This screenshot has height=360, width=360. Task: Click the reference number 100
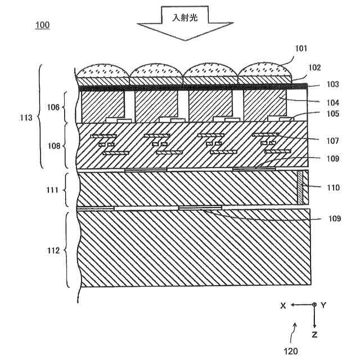point(42,25)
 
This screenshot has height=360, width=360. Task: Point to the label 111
point(53,189)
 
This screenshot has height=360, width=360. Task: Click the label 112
point(53,250)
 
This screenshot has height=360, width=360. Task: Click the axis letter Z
point(314,335)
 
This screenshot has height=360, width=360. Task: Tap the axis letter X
point(283,305)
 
